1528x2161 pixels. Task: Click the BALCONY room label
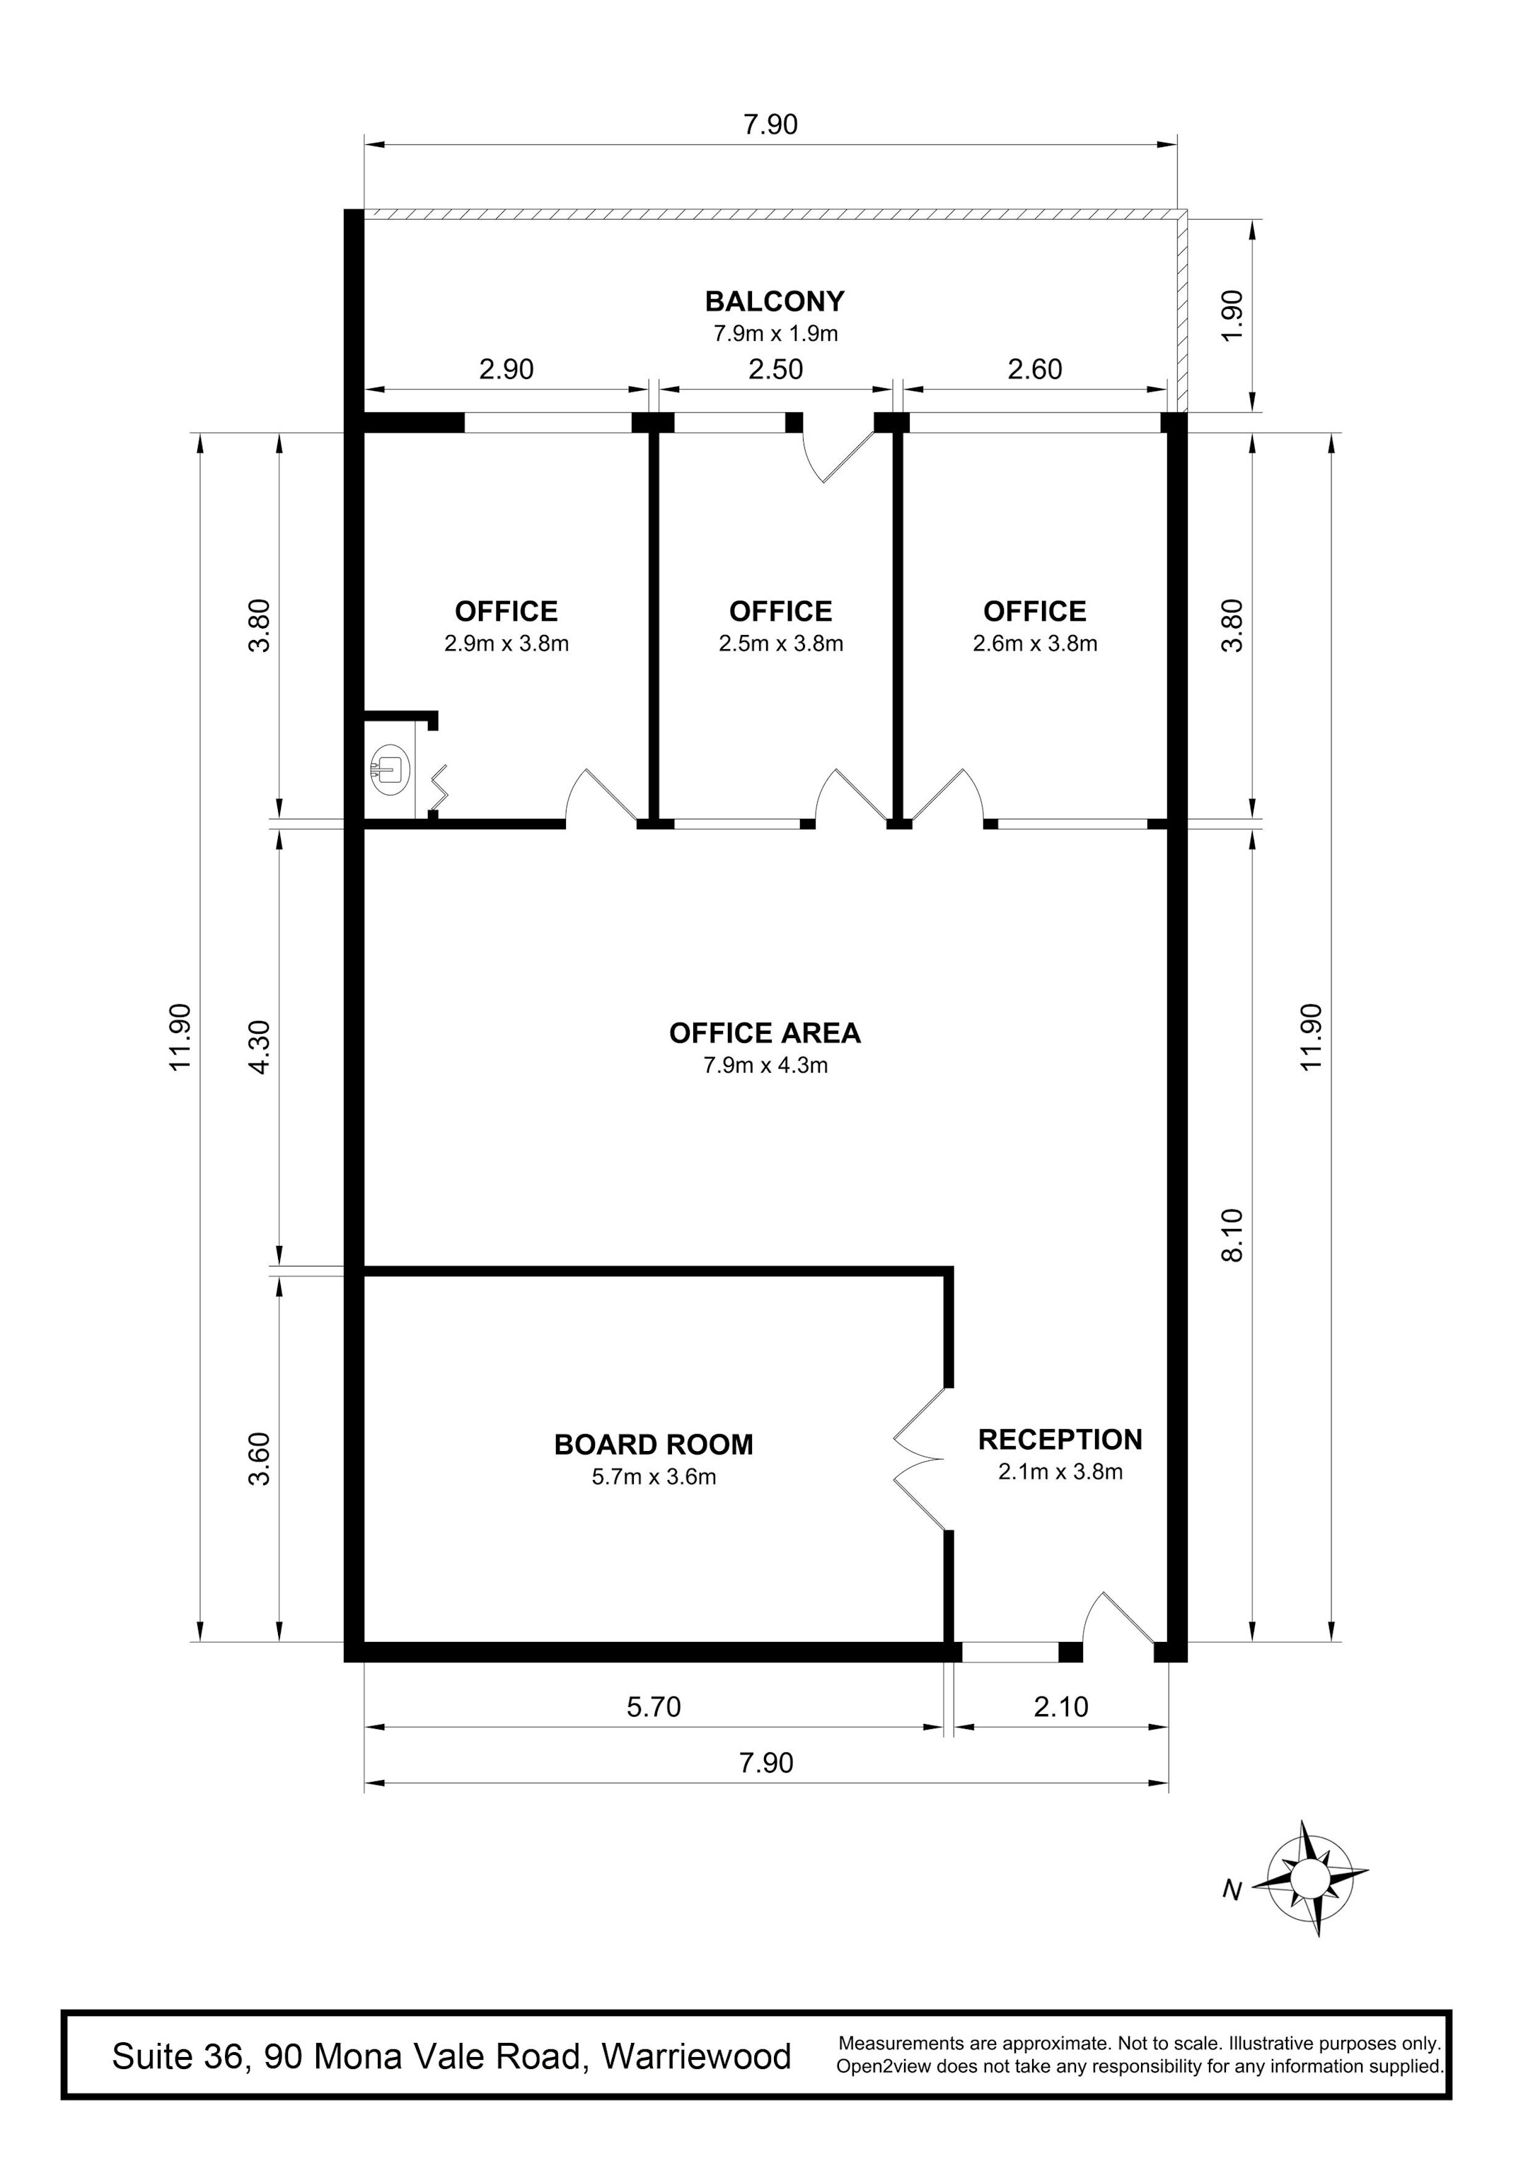point(775,301)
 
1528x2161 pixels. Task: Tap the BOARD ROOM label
point(654,1445)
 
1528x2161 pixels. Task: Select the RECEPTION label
point(1060,1439)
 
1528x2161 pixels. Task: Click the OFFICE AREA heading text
point(765,1033)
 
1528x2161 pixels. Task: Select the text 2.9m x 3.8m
point(507,643)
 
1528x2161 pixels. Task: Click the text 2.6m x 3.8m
point(1035,643)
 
